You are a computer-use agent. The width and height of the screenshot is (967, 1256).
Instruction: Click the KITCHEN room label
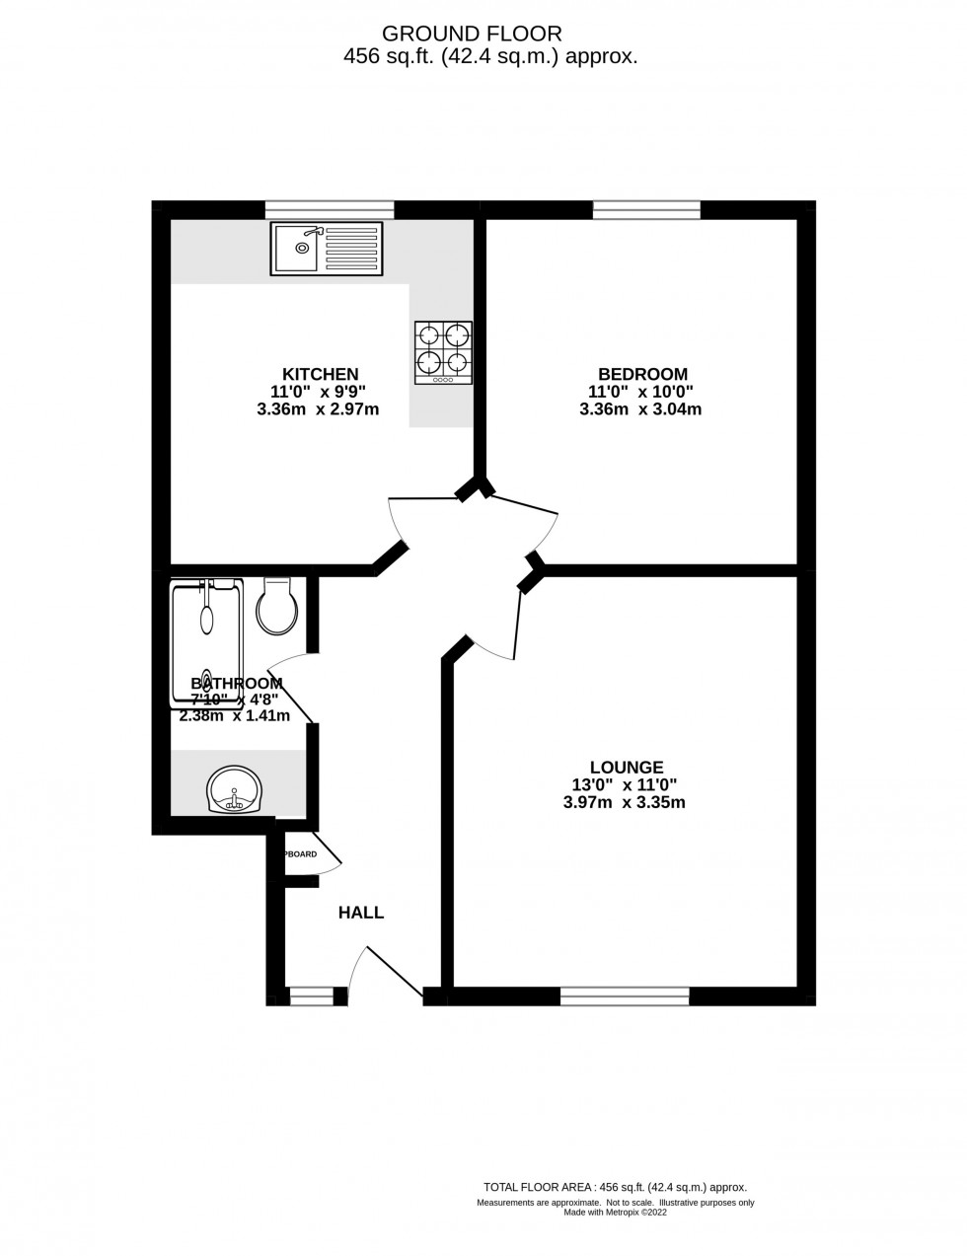click(320, 374)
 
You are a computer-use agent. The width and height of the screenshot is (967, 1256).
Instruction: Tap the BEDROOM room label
click(642, 374)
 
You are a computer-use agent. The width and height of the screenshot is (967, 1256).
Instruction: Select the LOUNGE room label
click(626, 767)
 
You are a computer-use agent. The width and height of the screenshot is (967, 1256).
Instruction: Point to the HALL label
click(361, 913)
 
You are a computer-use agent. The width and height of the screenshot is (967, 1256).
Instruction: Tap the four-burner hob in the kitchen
click(443, 352)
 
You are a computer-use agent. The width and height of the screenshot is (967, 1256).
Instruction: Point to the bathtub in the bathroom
click(206, 641)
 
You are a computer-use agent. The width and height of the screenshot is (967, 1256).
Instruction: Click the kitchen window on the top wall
click(330, 208)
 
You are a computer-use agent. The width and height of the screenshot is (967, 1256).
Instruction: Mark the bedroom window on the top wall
click(646, 208)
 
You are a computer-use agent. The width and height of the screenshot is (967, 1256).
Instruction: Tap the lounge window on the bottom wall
click(625, 997)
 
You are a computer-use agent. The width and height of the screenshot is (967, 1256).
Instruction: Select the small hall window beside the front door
click(312, 997)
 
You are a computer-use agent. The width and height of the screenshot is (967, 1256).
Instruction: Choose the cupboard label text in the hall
click(301, 853)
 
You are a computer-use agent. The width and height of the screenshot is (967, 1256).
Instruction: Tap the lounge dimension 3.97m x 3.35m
click(624, 802)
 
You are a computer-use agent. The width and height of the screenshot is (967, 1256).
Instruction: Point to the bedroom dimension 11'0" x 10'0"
click(639, 392)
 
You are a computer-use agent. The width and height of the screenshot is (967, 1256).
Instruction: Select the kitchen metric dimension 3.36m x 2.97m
click(318, 409)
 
